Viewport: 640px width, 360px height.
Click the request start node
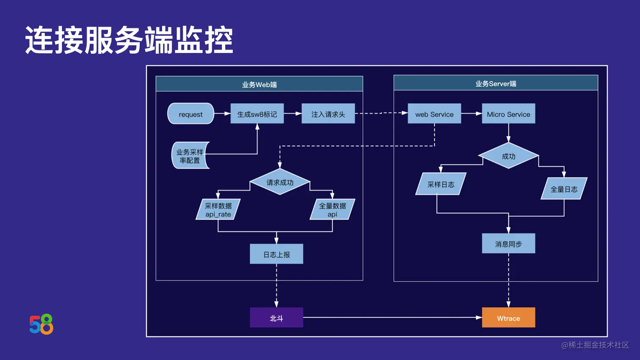tap(190, 114)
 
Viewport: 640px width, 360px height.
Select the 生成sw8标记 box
tap(257, 114)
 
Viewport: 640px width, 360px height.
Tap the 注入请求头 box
tap(328, 114)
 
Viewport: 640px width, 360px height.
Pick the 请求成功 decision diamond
tap(280, 182)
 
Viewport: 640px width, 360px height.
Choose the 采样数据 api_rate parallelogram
tap(218, 209)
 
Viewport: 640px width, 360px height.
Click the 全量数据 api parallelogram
tap(332, 209)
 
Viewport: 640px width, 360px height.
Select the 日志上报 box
tap(276, 254)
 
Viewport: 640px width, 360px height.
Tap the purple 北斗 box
tap(276, 318)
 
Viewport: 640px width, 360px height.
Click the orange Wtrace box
tap(508, 318)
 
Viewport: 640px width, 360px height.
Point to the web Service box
tap(434, 114)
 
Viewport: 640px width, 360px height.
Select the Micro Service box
tap(508, 114)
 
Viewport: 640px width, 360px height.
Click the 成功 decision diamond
tap(508, 156)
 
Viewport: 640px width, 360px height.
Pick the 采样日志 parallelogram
tap(441, 184)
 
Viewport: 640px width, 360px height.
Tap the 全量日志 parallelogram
tap(564, 189)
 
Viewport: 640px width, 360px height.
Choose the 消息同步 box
tap(508, 244)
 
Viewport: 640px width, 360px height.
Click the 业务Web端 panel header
tap(259, 84)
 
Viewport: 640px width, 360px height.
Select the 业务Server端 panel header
tap(496, 83)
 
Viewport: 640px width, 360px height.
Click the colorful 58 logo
tap(41, 324)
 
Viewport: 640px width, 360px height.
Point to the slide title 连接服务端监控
tap(129, 40)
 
